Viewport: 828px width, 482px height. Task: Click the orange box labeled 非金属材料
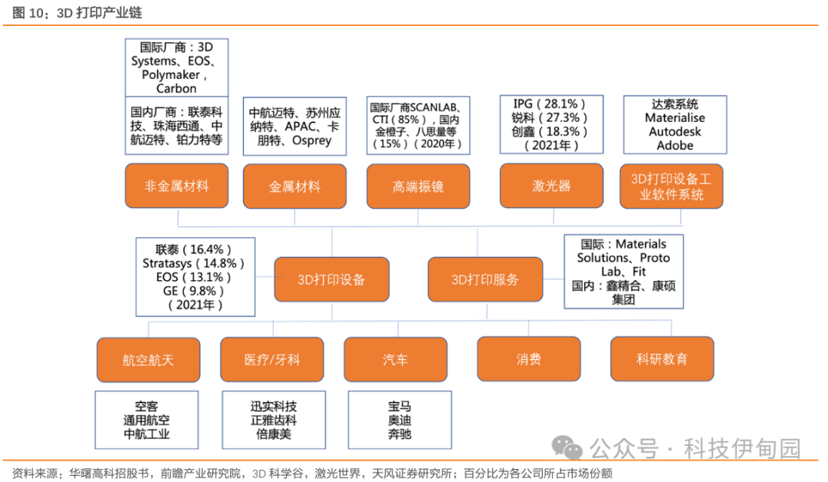tap(176, 186)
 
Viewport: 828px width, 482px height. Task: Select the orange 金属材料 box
tap(294, 186)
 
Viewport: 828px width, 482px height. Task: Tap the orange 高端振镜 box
tap(419, 186)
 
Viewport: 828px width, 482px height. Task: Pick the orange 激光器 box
tap(551, 186)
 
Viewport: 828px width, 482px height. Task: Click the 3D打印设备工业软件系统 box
tap(671, 186)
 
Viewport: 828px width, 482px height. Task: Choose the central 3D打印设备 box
tap(332, 279)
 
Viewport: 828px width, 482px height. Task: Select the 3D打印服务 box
tap(485, 279)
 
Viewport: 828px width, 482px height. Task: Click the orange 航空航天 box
tap(149, 360)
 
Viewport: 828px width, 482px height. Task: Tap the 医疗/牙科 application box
tap(272, 359)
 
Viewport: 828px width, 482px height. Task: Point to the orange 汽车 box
tap(396, 359)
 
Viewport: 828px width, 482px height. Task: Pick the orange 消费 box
tap(528, 359)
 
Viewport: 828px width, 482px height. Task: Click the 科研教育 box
tap(662, 359)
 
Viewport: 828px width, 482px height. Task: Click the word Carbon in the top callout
tap(176, 88)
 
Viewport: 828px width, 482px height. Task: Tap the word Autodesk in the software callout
tap(675, 131)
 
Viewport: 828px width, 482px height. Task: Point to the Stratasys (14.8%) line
tap(193, 263)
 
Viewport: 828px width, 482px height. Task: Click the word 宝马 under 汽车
tap(399, 407)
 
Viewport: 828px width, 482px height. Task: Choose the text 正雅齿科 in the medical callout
tap(274, 420)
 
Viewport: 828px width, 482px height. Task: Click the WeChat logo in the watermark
tap(567, 447)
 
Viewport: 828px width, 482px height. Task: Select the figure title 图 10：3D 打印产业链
tap(77, 12)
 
